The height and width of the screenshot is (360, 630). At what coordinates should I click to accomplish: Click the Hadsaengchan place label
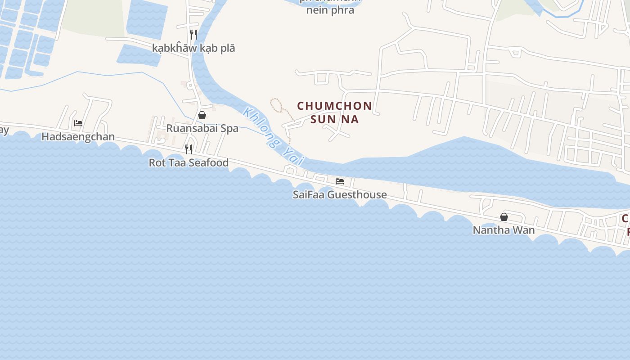tap(78, 137)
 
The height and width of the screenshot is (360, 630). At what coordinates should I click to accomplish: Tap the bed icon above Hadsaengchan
tap(78, 123)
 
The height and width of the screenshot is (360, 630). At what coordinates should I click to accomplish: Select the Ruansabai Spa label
tap(202, 128)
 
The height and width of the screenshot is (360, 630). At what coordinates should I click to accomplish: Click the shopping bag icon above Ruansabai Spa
tap(202, 115)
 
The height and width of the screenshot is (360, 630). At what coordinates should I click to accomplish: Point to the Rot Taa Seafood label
tap(189, 163)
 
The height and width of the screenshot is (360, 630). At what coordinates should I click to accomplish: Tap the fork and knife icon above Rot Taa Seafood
tap(189, 149)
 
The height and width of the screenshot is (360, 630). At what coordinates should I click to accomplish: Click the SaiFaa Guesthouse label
tap(339, 195)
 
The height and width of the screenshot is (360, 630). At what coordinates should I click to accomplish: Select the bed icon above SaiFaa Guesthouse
tap(340, 181)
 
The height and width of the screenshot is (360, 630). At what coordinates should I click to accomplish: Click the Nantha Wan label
tap(504, 230)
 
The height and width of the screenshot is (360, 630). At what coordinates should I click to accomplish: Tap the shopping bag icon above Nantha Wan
tap(504, 217)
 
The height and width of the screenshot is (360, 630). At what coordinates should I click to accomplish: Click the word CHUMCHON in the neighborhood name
tap(334, 106)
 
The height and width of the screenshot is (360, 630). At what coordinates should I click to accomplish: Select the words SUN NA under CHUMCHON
tap(334, 120)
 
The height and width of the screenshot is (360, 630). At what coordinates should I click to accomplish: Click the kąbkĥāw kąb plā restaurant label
tap(193, 48)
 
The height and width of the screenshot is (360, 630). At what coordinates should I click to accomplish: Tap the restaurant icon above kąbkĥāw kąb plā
tap(193, 34)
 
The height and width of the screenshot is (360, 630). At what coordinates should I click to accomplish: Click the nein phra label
tap(330, 10)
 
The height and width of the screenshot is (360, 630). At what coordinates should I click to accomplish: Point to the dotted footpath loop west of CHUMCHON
tap(276, 104)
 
